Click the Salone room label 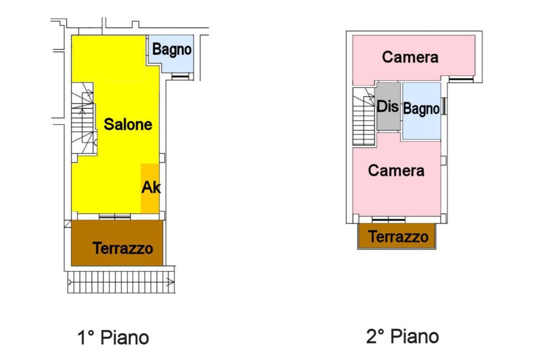click(128, 125)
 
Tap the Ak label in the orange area click(151, 188)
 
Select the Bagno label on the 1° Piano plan click(171, 50)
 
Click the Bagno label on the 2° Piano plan click(421, 110)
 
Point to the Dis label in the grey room click(388, 106)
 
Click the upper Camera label click(410, 57)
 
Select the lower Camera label click(396, 171)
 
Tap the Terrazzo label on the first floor click(123, 248)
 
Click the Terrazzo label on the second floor click(398, 237)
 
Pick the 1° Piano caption click(113, 337)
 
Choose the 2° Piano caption click(402, 336)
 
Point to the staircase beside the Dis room click(363, 117)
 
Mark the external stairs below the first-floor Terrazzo click(121, 282)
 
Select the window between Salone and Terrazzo click(115, 217)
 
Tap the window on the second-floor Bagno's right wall click(445, 106)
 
